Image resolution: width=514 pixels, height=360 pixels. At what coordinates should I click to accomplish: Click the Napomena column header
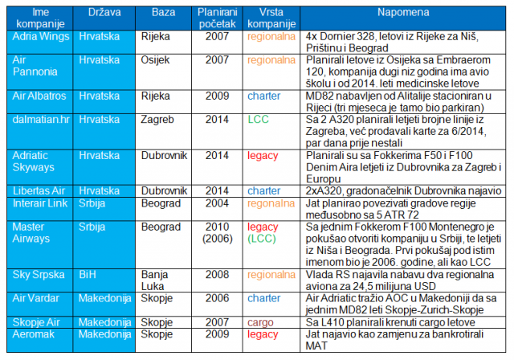tap(403, 13)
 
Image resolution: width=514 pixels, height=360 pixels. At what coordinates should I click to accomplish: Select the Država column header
tap(104, 13)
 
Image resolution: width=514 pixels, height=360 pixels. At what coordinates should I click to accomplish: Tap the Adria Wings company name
tap(41, 36)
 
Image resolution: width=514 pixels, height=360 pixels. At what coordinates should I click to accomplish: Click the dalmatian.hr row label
tap(41, 120)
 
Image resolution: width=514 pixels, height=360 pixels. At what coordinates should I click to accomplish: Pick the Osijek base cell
tap(155, 60)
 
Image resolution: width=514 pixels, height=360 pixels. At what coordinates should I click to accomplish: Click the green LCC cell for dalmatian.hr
tap(258, 120)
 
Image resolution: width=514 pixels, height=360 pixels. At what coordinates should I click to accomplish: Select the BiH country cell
tap(88, 275)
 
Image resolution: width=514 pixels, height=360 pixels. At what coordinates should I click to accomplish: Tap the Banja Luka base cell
tap(154, 280)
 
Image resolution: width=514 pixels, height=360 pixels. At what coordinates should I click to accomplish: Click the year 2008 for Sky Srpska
tap(217, 275)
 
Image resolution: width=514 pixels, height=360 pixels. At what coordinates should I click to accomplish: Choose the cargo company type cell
tap(260, 322)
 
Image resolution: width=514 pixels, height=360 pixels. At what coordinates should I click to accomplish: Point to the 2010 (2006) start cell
tap(217, 232)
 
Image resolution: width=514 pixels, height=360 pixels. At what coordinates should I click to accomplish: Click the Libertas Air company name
tap(39, 190)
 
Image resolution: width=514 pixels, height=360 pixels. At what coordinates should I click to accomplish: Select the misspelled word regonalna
tap(271, 204)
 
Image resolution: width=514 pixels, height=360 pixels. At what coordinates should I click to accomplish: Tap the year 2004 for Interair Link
tap(217, 203)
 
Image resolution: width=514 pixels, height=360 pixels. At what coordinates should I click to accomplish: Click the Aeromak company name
tap(34, 334)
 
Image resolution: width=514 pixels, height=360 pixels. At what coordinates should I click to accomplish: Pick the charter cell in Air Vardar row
tap(264, 298)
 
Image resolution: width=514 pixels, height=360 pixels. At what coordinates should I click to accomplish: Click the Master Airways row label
tap(31, 232)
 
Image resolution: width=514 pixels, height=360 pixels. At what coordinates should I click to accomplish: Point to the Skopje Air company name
tap(36, 322)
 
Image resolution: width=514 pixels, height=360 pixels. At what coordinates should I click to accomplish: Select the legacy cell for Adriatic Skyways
tap(263, 156)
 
